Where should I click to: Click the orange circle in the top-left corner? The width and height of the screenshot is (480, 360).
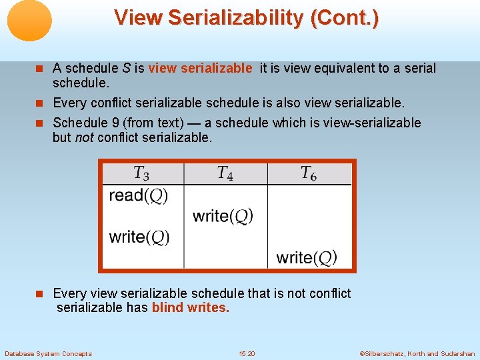coord(29,21)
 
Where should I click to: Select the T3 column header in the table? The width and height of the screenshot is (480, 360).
coord(141,174)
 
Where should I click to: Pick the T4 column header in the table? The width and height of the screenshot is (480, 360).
coord(225,174)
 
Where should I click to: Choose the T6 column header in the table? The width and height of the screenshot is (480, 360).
coord(309,174)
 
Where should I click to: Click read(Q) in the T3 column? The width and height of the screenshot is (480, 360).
coord(139,195)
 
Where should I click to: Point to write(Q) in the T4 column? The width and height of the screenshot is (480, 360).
coord(223,216)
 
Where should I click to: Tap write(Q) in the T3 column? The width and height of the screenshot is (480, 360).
coord(139,237)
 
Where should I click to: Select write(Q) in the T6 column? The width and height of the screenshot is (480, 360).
coord(307,257)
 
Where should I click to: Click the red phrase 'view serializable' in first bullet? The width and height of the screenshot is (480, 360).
coord(200,68)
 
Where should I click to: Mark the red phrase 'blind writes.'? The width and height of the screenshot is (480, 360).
coord(191,308)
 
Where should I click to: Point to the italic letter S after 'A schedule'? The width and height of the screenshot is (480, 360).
coord(125,68)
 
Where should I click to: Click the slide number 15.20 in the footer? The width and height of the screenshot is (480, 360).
coord(247,353)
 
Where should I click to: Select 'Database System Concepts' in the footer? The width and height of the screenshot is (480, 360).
coord(48,353)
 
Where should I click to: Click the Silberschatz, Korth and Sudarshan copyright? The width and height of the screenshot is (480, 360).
coord(417,353)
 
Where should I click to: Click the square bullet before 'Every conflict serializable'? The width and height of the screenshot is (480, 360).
coord(43,103)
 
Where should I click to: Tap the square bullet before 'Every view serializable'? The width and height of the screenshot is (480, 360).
coord(43,294)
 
